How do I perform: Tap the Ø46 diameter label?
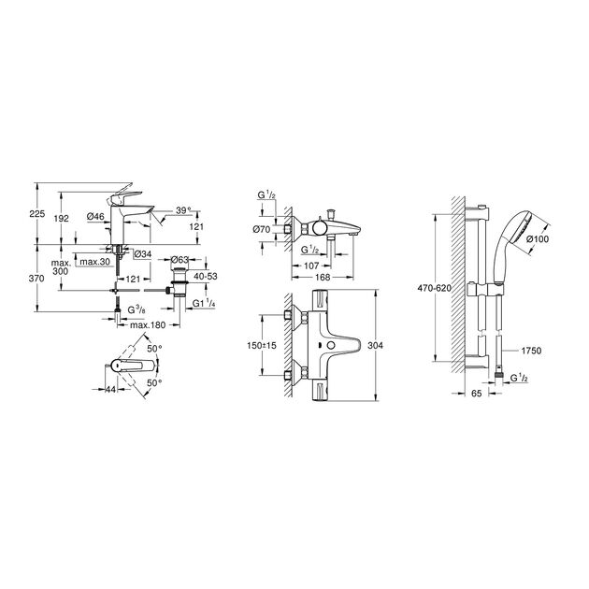click(94, 218)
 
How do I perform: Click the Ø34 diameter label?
click(141, 252)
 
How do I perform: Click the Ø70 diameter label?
click(262, 228)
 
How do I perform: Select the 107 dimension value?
click(309, 264)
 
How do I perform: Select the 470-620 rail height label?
click(435, 289)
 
